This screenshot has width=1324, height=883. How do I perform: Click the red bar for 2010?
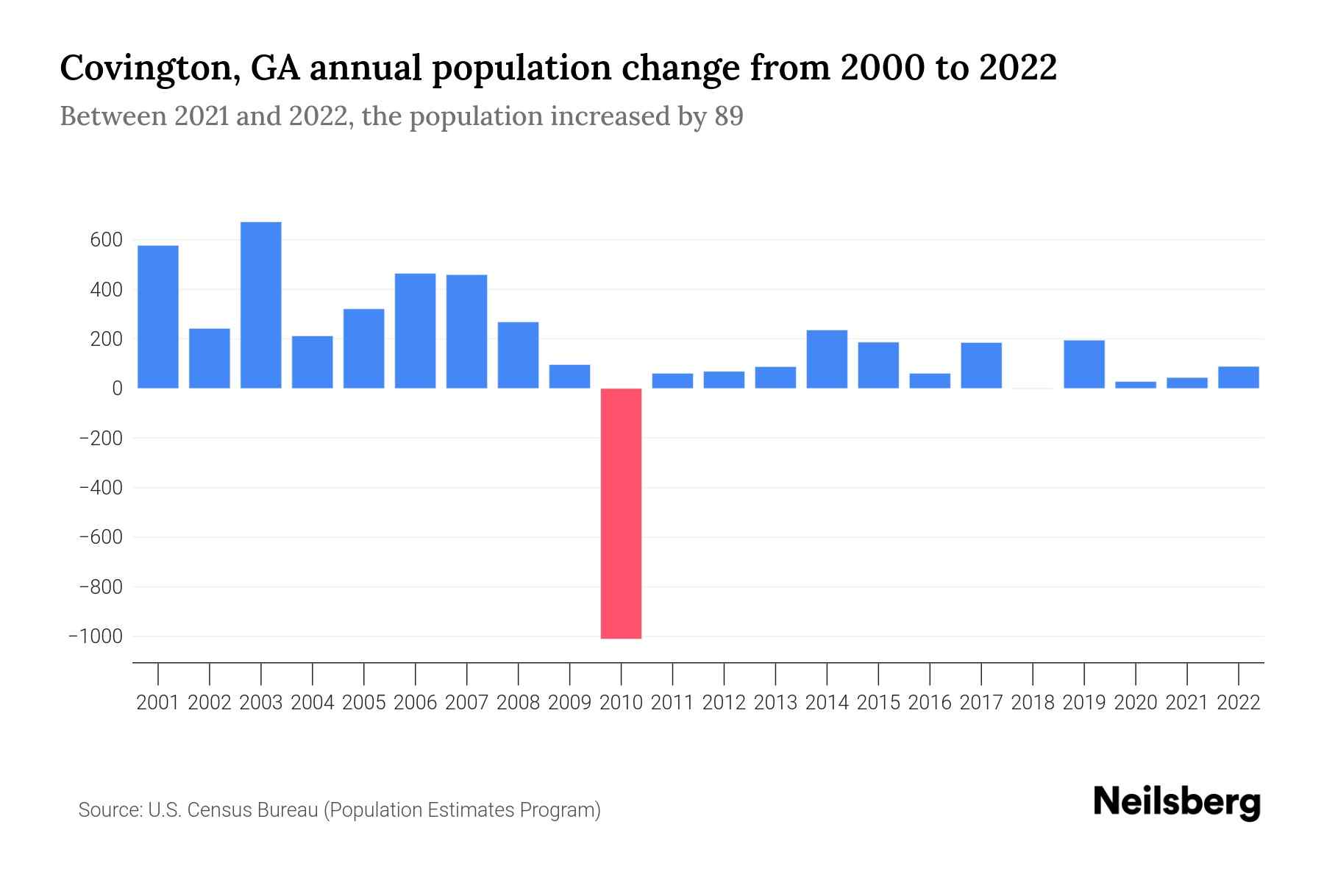tap(621, 513)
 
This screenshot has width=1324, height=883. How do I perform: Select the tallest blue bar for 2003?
tap(261, 305)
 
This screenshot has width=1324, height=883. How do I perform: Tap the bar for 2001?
tap(158, 316)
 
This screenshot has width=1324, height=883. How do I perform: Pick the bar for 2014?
tap(827, 359)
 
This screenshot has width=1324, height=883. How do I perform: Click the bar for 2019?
tap(1084, 364)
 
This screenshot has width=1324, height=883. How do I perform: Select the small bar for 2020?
tap(1136, 384)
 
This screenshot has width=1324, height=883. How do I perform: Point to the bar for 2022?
tap(1239, 377)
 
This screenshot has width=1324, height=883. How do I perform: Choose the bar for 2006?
tap(416, 331)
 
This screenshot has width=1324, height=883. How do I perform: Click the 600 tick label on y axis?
tap(106, 240)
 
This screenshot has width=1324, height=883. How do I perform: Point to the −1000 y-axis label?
tap(96, 636)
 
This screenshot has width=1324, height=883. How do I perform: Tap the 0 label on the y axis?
tap(117, 389)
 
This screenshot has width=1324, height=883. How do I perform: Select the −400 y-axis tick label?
tap(101, 488)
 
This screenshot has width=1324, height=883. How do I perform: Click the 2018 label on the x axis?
tap(1033, 703)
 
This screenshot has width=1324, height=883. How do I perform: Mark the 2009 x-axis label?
tap(570, 703)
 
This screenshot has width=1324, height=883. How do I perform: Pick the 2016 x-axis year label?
tap(930, 703)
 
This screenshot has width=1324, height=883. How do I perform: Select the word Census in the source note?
tap(218, 810)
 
